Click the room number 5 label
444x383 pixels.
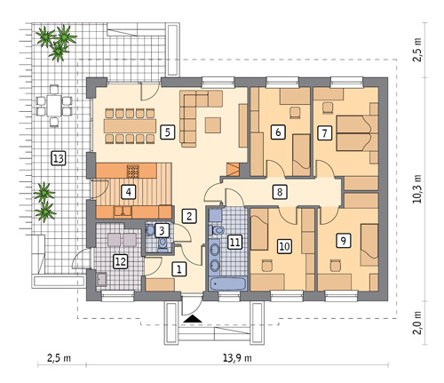pos(168,132)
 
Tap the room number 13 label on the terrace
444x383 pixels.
pos(58,158)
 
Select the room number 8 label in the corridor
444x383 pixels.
pos(280,192)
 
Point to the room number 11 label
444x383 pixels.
pos(234,243)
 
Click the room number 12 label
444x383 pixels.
pos(121,261)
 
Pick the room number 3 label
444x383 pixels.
pos(162,230)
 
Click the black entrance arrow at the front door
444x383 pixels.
pos(193,319)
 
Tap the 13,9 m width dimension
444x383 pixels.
pos(237,358)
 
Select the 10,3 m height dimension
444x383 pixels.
pos(417,188)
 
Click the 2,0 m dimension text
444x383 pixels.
pos(417,323)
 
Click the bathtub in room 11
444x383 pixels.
pos(227,283)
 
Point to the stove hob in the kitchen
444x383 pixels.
pos(132,172)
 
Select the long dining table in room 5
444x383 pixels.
pos(130,126)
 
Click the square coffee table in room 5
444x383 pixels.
pos(213,125)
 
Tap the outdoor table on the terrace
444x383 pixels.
pos(54,106)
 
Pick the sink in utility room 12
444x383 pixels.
pos(102,279)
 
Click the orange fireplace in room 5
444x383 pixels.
pos(234,169)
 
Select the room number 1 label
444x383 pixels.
pos(178,269)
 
